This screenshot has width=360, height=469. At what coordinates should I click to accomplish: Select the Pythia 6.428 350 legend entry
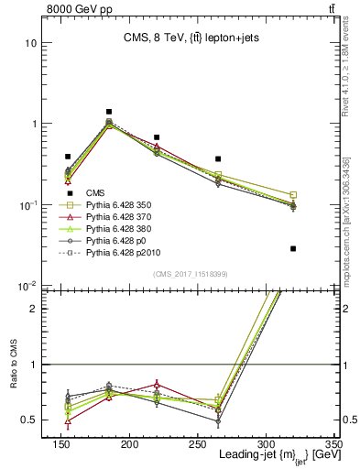point(117,206)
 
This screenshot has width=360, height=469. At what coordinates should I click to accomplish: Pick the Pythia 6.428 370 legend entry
point(117,221)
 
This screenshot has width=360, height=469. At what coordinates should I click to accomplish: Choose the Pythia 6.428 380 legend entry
point(117,235)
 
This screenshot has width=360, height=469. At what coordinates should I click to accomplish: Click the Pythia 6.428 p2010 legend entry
point(120,265)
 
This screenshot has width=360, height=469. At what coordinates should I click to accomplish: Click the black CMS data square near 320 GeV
point(293,248)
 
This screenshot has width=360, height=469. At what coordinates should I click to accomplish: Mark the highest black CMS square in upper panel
point(109,112)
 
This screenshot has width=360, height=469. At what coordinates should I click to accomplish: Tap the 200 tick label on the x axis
point(183,444)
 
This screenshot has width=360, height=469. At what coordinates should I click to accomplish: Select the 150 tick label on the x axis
point(139,444)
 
